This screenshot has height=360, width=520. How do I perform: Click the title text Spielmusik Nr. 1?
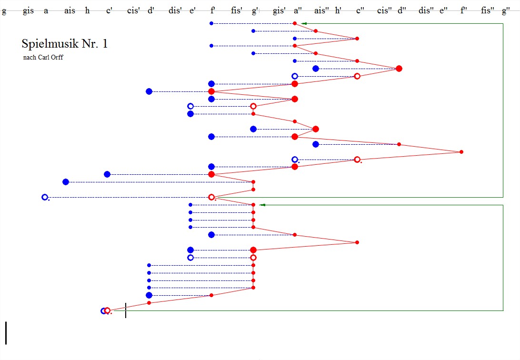coord(65,44)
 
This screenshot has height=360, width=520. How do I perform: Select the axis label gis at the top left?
coord(28,11)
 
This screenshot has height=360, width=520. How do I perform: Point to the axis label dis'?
coord(175,11)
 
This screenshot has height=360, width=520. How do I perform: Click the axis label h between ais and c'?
coord(87,11)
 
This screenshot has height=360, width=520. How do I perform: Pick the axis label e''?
coord(443,11)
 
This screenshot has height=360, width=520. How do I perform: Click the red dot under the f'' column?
coord(461,152)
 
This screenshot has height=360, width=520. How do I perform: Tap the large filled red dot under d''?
coord(399,69)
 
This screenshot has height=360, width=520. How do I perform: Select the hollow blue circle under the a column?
coord(45,197)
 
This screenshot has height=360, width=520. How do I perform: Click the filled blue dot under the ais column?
coord(66,182)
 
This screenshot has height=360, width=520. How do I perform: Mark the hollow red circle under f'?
coord(211,197)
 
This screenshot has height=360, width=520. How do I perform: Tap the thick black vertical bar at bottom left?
coord(6,333)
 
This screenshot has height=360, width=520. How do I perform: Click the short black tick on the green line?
coord(126,310)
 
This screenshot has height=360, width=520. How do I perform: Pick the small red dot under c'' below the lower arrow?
coord(357,242)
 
